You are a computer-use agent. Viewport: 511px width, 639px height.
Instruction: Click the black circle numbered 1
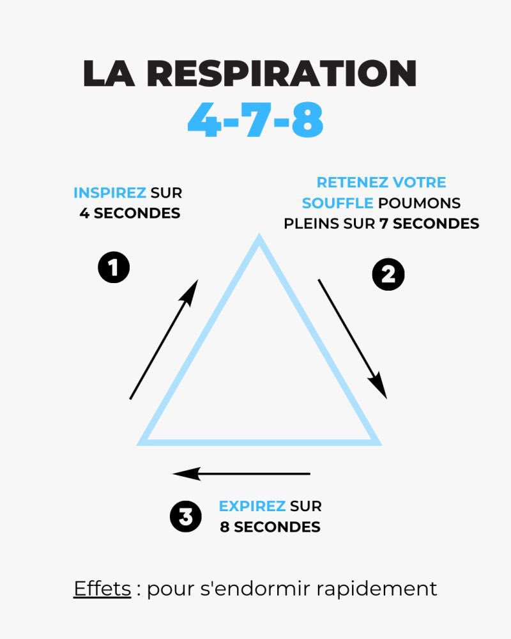(x=114, y=268)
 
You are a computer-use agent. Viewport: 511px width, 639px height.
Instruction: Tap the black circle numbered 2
(x=388, y=274)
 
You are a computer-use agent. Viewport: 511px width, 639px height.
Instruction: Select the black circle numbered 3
(x=186, y=517)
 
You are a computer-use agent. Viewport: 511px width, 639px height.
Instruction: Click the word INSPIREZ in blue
(x=110, y=193)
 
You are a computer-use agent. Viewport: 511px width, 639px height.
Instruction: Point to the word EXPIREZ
(x=252, y=507)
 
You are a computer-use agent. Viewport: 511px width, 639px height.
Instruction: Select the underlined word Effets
(x=102, y=589)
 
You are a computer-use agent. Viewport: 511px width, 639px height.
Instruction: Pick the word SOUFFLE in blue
(x=338, y=203)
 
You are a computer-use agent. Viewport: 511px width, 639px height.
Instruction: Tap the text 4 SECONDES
(x=130, y=213)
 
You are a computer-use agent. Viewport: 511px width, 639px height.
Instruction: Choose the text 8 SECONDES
(x=270, y=527)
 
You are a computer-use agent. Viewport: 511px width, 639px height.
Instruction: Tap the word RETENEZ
(x=346, y=183)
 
